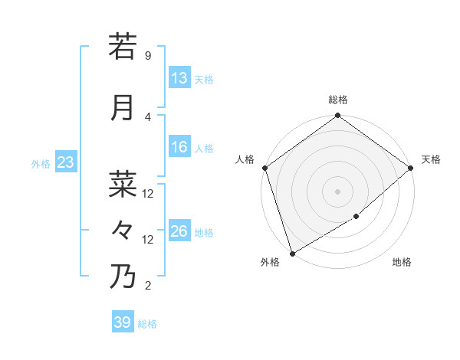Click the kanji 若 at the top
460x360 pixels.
[x=123, y=47]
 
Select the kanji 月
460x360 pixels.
[x=123, y=108]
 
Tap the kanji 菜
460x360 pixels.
[x=123, y=185]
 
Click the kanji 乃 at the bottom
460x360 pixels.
[x=123, y=277]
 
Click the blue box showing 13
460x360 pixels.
[x=179, y=79]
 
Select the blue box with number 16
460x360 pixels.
[x=179, y=148]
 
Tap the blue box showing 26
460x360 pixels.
[x=179, y=231]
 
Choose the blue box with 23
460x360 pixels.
[x=65, y=162]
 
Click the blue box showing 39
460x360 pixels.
[x=123, y=322]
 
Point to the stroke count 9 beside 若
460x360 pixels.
[x=147, y=56]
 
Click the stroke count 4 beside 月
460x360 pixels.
[x=147, y=117]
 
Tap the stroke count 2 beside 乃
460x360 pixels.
[x=147, y=286]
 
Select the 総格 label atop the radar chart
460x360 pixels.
[x=337, y=100]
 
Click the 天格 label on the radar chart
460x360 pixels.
[x=431, y=159]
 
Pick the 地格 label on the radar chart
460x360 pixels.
[x=402, y=263]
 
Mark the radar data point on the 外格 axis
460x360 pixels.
[x=291, y=254]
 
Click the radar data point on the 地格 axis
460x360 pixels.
[x=356, y=218]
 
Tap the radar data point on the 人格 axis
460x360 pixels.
[x=264, y=168]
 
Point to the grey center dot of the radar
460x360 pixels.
[x=337, y=191]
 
